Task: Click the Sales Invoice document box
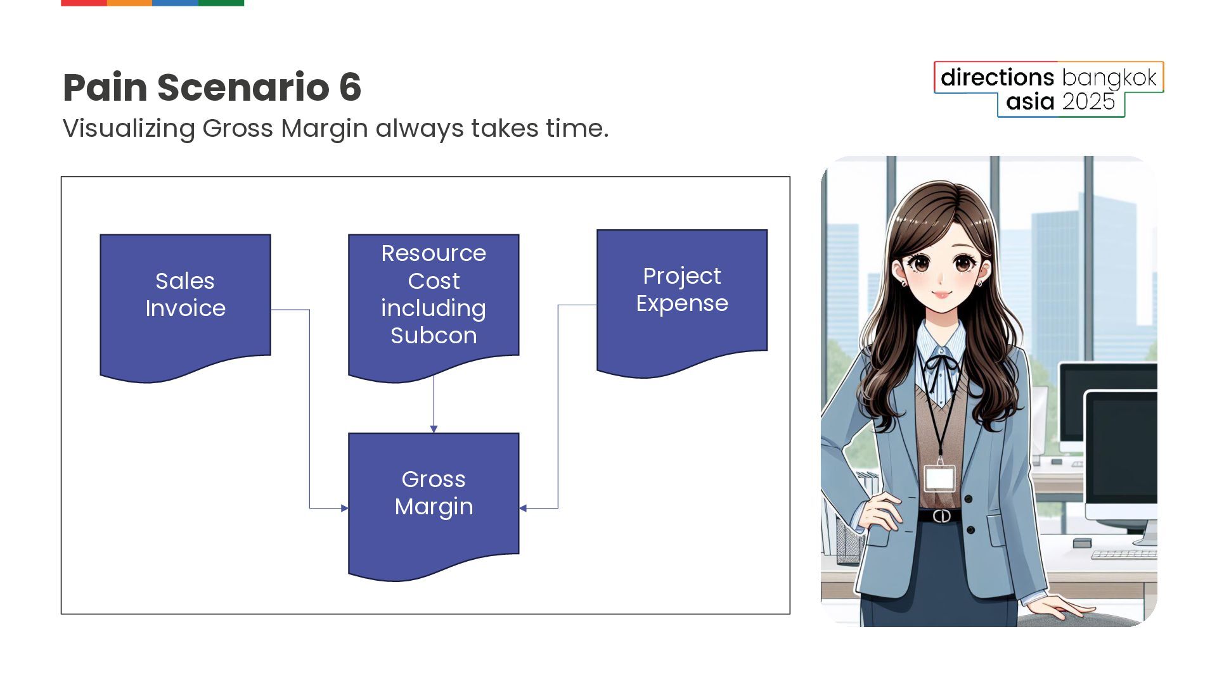(185, 304)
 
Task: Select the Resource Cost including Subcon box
(434, 304)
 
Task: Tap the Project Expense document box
(682, 300)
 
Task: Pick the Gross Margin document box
(434, 502)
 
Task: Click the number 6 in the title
(350, 87)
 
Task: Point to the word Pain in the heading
(105, 87)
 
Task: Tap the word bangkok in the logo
(1109, 79)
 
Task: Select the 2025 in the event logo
(1088, 102)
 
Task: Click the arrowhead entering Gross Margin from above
(434, 429)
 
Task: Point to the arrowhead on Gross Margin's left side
(345, 508)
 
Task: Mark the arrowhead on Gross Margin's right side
(523, 508)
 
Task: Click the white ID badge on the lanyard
(939, 478)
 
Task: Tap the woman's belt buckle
(941, 516)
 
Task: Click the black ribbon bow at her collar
(942, 365)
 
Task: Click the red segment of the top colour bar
(84, 3)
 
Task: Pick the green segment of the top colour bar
(221, 3)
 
